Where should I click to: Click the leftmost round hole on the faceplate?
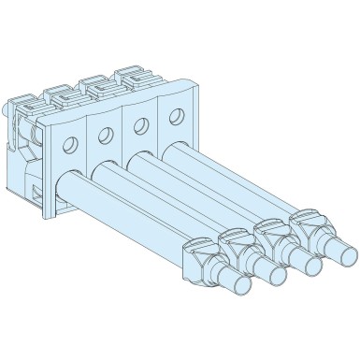pyautogui.click(x=68, y=146)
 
